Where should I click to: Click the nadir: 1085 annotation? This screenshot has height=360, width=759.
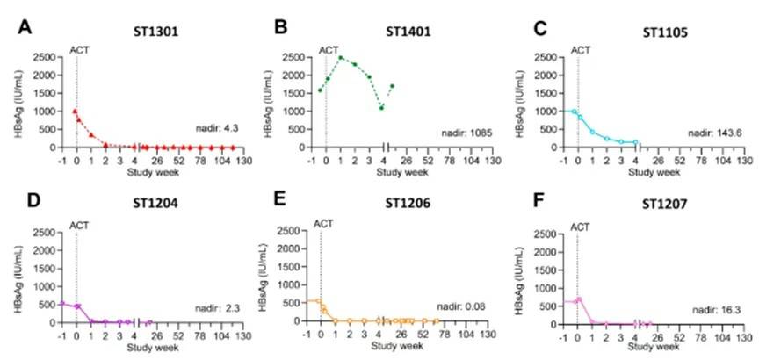[x=466, y=133]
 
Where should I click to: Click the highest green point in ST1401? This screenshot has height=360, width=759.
[x=340, y=58]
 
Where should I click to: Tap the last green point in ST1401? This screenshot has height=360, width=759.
[x=392, y=86]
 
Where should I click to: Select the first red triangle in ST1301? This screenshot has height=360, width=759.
[x=76, y=112]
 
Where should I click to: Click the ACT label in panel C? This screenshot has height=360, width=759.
[x=581, y=49]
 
